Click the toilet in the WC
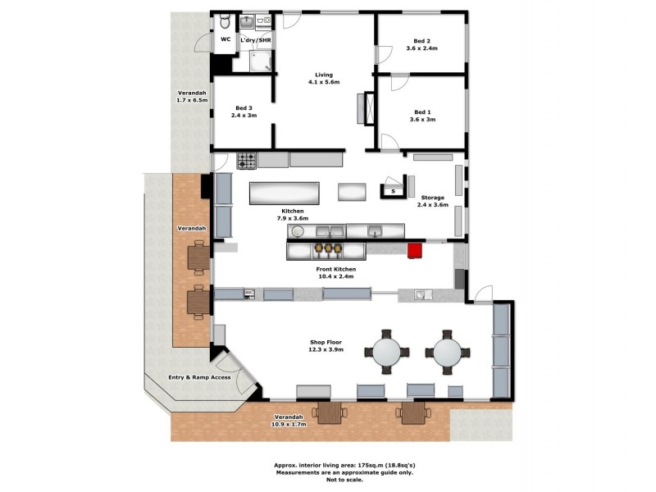225,22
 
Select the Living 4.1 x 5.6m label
323,79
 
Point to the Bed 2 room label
421,44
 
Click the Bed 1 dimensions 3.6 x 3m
422,120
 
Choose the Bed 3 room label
244,112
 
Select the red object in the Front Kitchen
415,250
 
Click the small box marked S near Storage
393,191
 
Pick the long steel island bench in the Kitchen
284,194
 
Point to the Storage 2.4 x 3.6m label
432,201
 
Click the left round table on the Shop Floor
385,353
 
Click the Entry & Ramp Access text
198,377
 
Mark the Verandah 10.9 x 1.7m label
289,421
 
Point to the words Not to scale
326,480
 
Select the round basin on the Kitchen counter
298,232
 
